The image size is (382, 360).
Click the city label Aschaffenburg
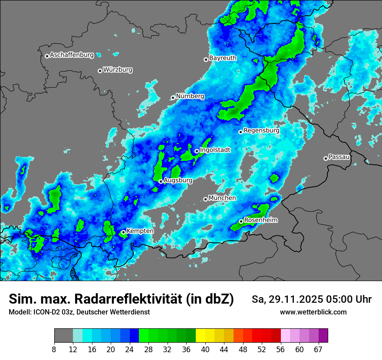point(72,55)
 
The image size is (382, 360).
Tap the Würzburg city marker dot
point(100,71)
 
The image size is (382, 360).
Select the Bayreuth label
point(223,58)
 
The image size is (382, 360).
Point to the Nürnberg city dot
point(173,98)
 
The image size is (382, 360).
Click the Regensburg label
point(261,130)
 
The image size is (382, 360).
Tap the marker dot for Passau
point(326,158)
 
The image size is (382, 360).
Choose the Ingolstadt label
point(215,150)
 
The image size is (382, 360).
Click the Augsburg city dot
point(161,181)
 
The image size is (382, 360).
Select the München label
point(222,198)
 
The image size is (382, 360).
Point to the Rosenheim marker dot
point(241,221)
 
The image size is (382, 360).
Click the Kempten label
point(140,231)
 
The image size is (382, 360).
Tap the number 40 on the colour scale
point(205,349)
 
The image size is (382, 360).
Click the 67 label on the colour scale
point(318,349)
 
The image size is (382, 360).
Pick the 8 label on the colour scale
point(54,349)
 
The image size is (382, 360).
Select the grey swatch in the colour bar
point(63,336)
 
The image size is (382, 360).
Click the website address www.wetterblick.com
point(313,312)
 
